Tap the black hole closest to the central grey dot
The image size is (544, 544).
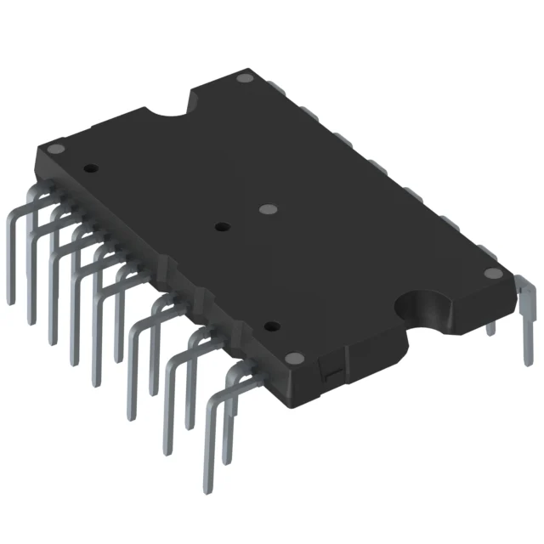pyautogui.click(x=222, y=227)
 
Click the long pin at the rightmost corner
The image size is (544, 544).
pyautogui.click(x=528, y=314)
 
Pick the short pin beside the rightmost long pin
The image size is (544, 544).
pyautogui.click(x=490, y=328)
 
